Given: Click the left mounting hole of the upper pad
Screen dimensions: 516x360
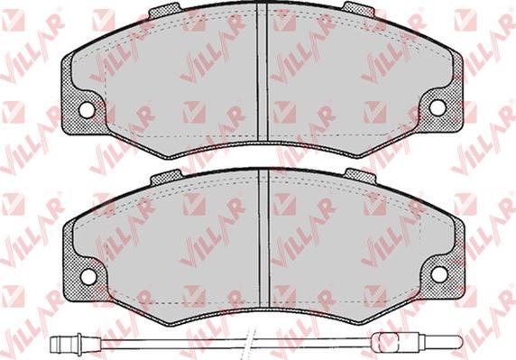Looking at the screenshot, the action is [87, 110].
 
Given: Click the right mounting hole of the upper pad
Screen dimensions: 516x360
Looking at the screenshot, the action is [438, 107].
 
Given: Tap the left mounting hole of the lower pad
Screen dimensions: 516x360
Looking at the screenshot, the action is [88, 277].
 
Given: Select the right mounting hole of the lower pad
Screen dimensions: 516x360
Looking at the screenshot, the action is [439, 274].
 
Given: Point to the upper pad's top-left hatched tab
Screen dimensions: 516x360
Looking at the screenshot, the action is [164, 11].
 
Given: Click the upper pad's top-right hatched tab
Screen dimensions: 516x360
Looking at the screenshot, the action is [359, 9].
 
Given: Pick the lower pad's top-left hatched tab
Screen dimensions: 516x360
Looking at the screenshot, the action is [166, 178].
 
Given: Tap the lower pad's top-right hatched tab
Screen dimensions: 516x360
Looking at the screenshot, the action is [361, 176].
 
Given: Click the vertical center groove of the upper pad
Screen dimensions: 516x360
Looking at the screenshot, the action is [262, 72].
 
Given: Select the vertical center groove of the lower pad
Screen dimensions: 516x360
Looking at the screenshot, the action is [264, 239].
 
